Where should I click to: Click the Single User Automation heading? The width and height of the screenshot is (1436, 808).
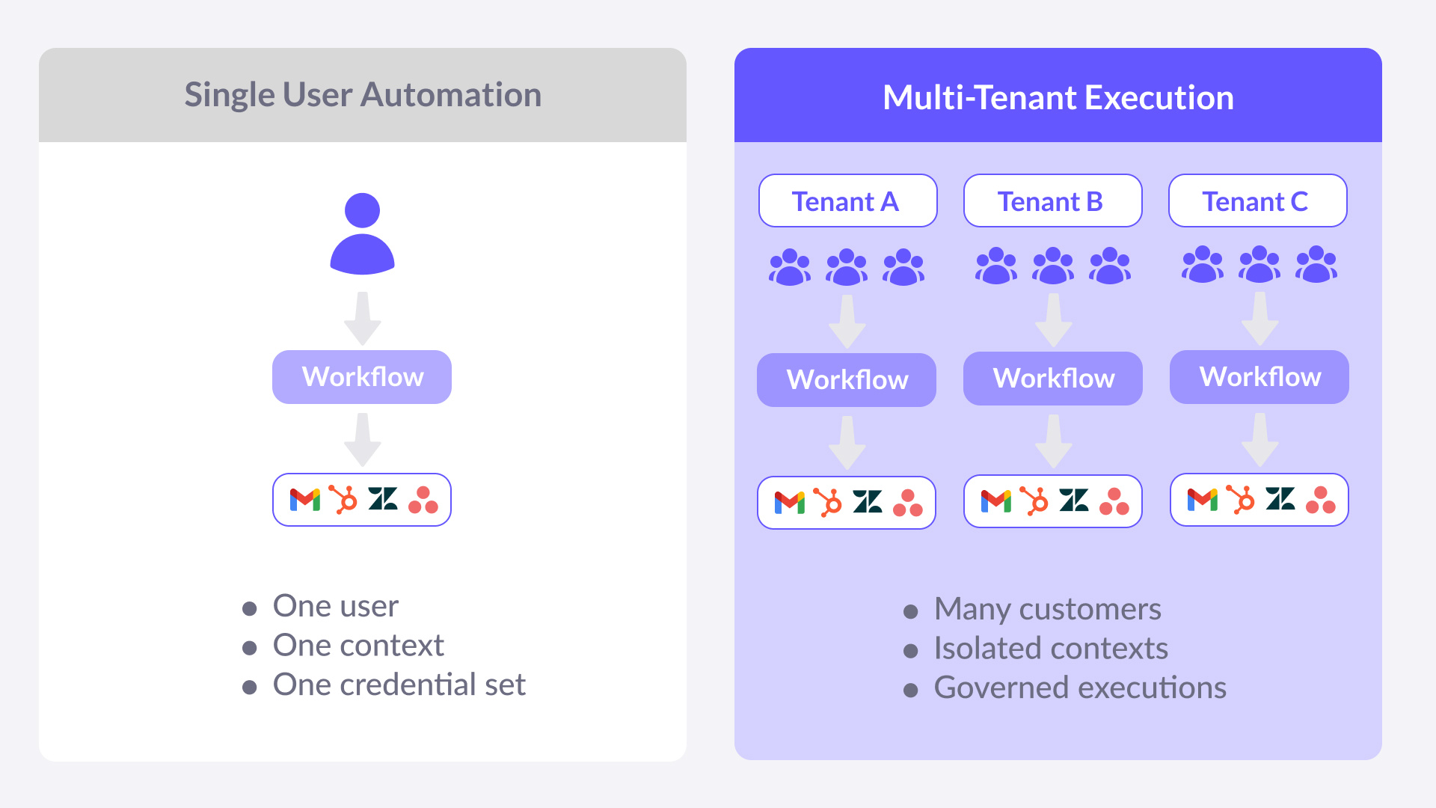click(x=363, y=95)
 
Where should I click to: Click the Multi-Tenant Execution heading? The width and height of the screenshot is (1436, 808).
click(x=1058, y=97)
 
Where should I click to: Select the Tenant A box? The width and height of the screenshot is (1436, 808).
click(x=847, y=201)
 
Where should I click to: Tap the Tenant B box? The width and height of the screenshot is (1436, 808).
click(x=1052, y=201)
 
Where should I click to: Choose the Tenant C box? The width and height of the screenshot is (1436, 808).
click(x=1257, y=201)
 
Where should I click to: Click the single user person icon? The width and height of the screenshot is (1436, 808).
click(x=363, y=233)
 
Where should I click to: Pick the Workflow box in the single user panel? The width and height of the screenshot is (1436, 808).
click(x=362, y=377)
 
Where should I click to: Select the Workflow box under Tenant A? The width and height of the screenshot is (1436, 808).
click(x=847, y=380)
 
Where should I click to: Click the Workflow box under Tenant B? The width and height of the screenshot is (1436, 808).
click(x=1053, y=379)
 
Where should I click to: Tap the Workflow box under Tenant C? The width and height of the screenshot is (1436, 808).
click(x=1259, y=377)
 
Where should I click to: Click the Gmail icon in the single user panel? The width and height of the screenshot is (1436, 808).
click(x=305, y=500)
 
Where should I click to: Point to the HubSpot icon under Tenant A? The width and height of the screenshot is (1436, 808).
click(x=828, y=503)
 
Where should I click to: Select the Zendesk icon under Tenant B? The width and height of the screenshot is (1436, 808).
click(x=1074, y=501)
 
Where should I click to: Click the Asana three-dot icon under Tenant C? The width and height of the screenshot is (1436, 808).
click(x=1321, y=500)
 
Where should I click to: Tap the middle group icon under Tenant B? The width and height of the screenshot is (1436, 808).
click(x=1053, y=266)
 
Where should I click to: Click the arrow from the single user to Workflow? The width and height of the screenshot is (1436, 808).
click(x=363, y=319)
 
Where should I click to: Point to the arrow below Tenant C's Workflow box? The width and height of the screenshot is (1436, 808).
click(x=1260, y=441)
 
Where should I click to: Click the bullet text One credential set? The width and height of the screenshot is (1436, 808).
click(x=399, y=685)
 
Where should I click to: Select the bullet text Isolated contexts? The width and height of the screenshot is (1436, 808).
click(x=1050, y=649)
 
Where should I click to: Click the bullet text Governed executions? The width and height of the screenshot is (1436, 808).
click(x=1079, y=688)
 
